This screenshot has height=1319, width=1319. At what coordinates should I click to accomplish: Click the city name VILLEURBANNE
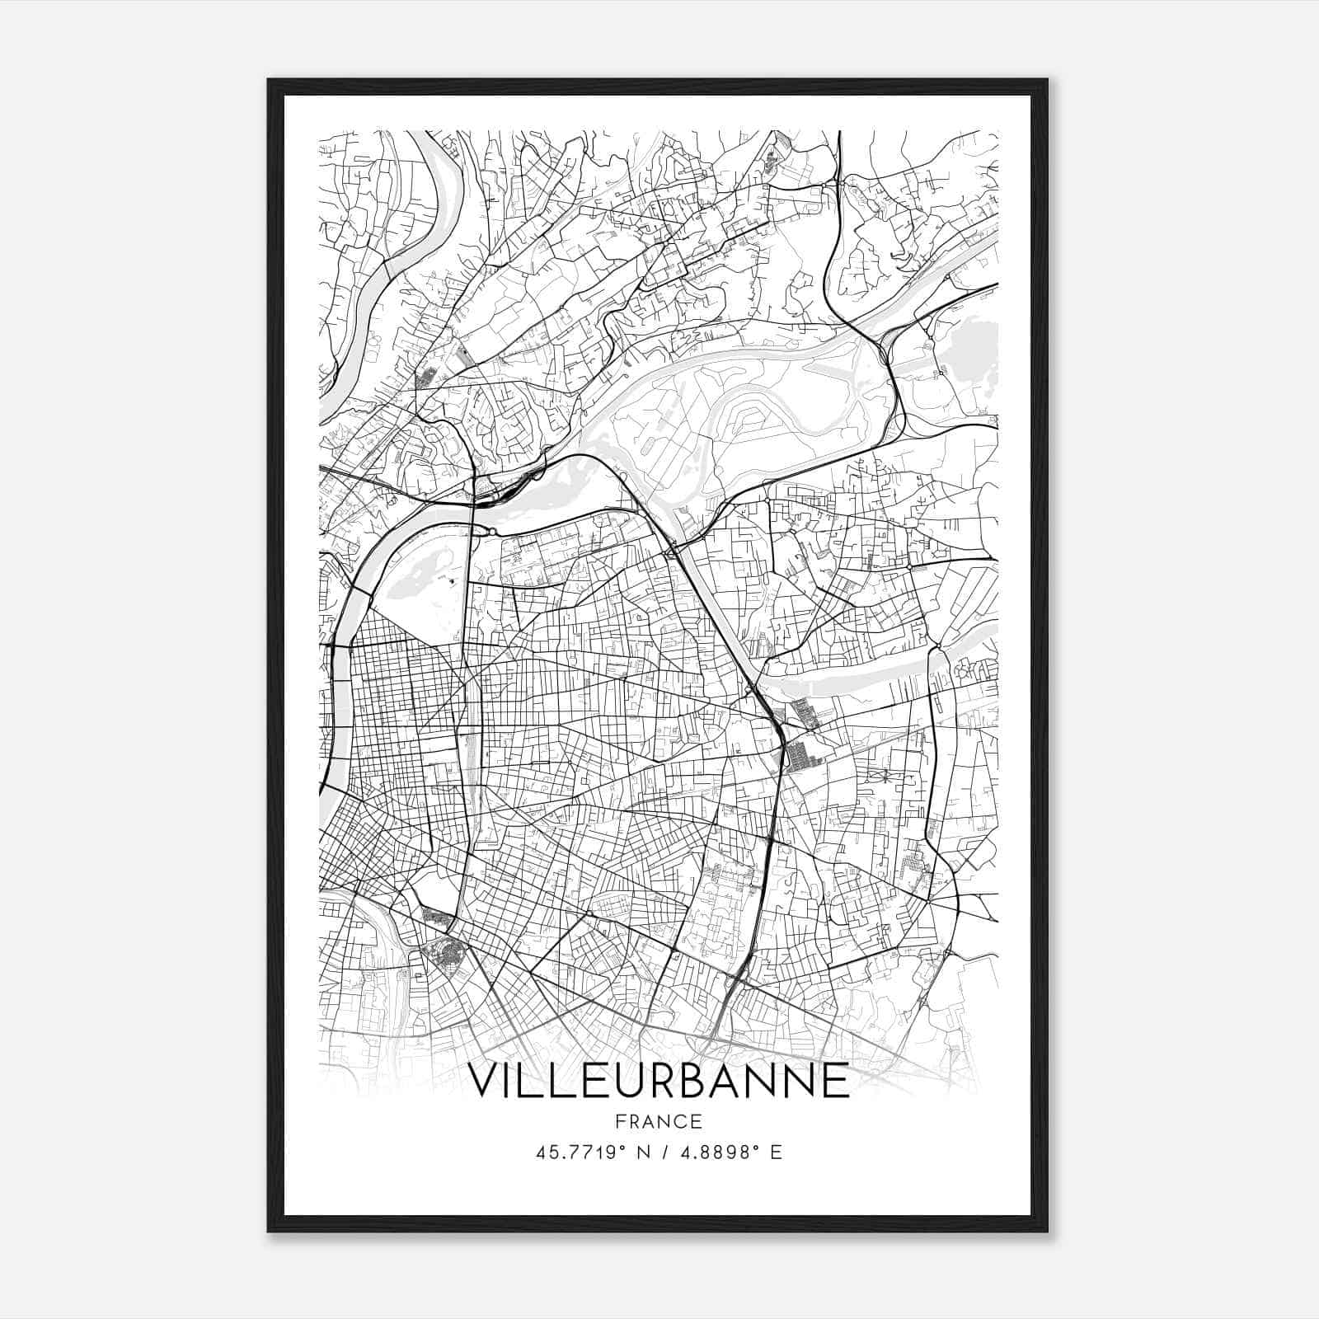[659, 1080]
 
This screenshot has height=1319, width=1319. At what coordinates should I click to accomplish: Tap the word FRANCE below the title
[659, 1122]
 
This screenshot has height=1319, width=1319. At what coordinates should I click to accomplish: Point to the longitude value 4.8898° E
[728, 1152]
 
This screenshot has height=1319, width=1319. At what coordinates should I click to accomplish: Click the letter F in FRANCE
[620, 1122]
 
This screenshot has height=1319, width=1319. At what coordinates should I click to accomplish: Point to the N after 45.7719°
[641, 1152]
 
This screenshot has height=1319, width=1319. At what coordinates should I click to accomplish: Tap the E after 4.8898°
[776, 1152]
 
